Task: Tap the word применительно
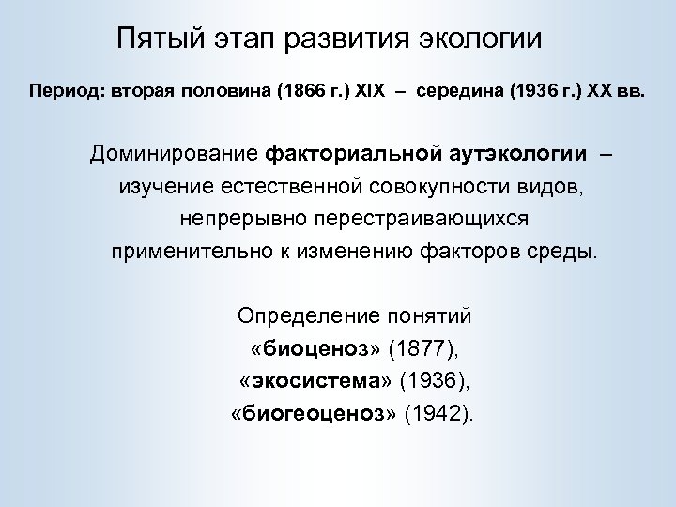(x=177, y=253)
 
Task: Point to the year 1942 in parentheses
(x=438, y=414)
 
